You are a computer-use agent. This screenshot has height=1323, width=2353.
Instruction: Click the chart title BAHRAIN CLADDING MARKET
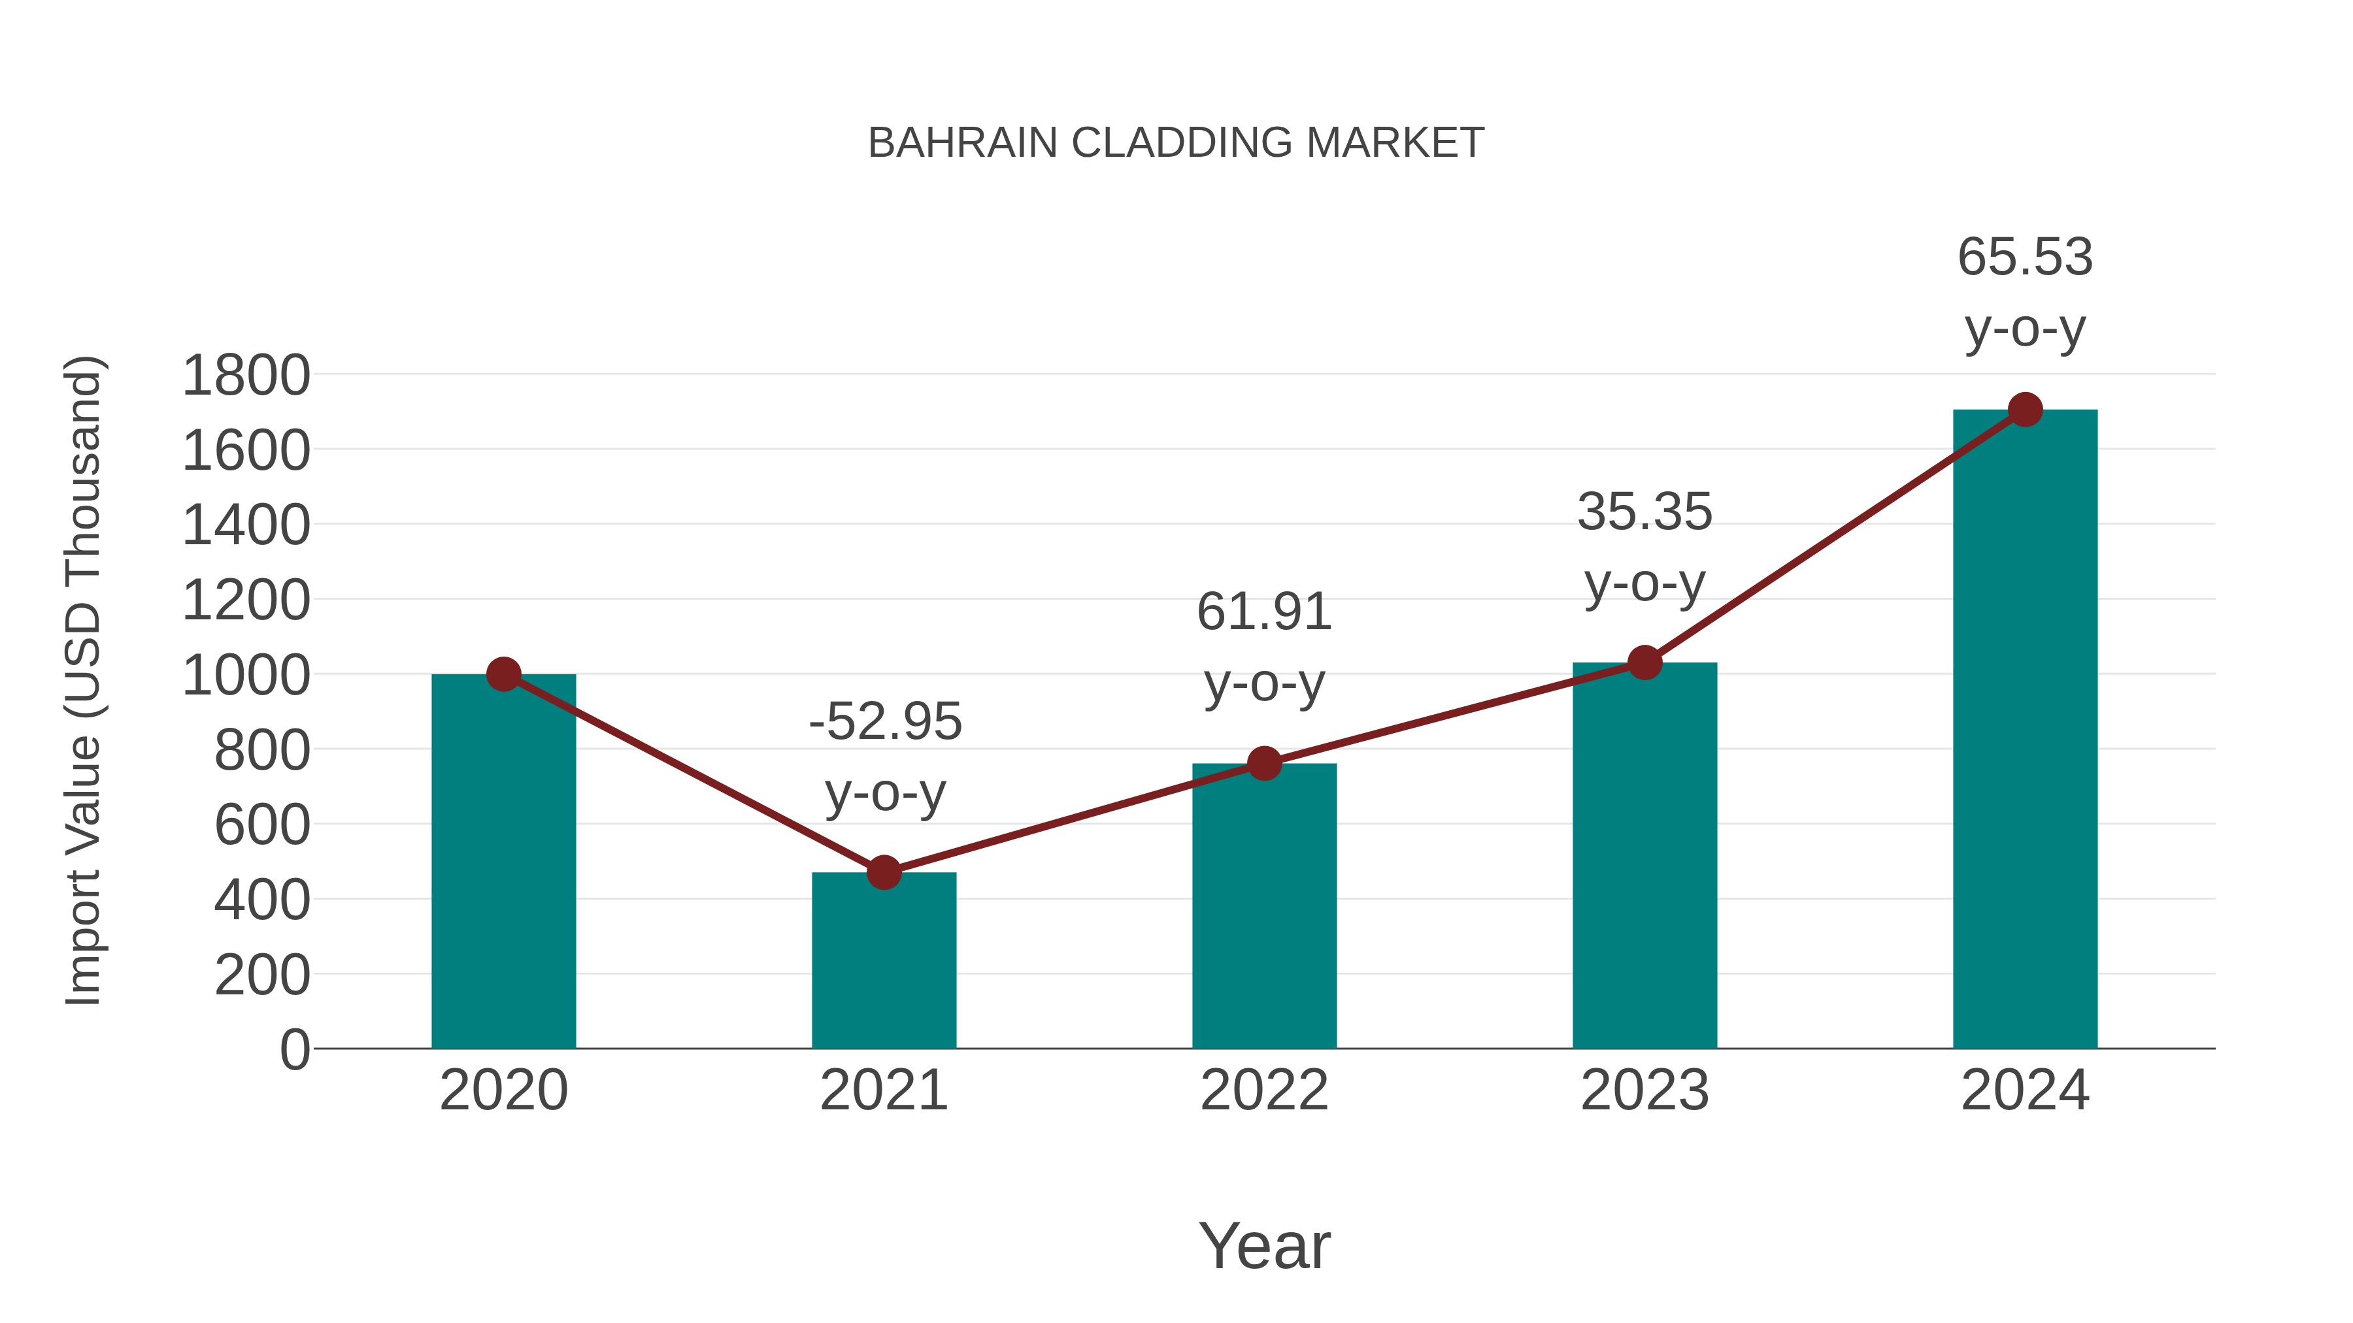(1176, 143)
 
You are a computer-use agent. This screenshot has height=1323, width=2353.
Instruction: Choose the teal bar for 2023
(1644, 858)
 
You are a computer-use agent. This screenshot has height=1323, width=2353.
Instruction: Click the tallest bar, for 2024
(2025, 730)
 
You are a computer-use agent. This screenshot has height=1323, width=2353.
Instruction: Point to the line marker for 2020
(503, 675)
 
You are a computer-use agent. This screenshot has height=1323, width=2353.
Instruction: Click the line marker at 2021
(883, 873)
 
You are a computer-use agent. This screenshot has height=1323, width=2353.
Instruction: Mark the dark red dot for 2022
(1264, 763)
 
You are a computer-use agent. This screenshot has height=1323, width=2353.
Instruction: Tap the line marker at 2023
(1644, 663)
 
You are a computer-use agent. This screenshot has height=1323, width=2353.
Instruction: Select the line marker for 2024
(2025, 410)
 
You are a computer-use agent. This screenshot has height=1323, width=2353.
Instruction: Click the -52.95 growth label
(885, 721)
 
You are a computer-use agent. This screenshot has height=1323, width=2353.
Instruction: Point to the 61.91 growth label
(1264, 612)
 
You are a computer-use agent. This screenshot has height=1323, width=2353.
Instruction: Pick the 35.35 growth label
(1644, 512)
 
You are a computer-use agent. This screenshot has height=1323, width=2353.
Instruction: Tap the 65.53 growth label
(2025, 257)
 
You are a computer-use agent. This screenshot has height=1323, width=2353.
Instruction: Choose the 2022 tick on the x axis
(1264, 1090)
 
